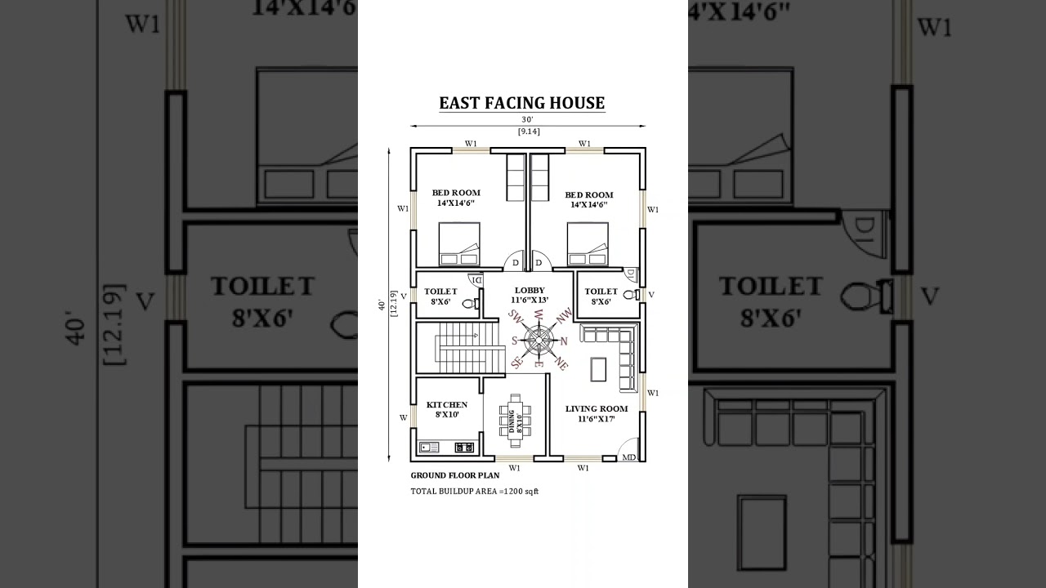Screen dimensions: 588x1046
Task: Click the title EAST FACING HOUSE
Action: [x=522, y=103]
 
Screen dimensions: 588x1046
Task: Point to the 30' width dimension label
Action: [x=528, y=120]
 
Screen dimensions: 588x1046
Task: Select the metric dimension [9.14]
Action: [x=528, y=131]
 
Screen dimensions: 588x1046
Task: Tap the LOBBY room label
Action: [x=530, y=290]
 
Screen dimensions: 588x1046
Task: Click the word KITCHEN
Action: [x=447, y=404]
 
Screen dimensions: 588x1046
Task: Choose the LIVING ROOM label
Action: [x=597, y=408]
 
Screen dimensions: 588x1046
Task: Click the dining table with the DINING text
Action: [x=515, y=420]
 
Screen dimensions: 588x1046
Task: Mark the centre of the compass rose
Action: [x=539, y=341]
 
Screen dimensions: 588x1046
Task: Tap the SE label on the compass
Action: [x=516, y=362]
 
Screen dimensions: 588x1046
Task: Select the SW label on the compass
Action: [x=515, y=316]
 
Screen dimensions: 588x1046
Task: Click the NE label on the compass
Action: [x=561, y=363]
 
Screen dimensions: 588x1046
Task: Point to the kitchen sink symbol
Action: [x=429, y=448]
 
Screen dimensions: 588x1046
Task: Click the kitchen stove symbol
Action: [x=464, y=448]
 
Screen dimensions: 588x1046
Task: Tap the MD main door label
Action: [x=629, y=457]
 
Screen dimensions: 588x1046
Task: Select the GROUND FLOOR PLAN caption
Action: [x=454, y=475]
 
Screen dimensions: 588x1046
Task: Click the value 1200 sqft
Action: [x=521, y=492]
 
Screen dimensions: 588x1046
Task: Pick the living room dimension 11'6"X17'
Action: [x=596, y=419]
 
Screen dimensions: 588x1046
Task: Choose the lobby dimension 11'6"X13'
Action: [x=530, y=300]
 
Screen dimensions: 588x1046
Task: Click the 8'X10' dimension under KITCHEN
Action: [x=447, y=415]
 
